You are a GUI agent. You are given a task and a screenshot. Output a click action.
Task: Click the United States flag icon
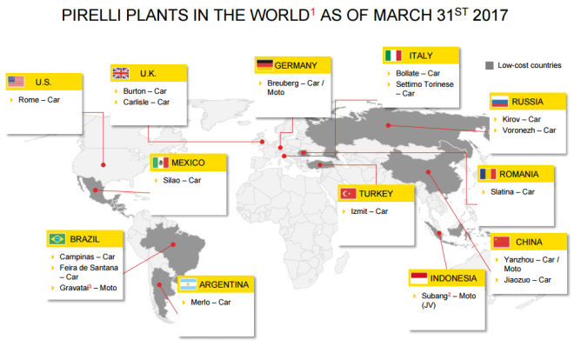pos(17,81)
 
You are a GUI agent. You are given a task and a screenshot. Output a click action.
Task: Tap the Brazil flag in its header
pos(57,239)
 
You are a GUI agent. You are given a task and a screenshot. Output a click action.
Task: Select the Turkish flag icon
pos(348,193)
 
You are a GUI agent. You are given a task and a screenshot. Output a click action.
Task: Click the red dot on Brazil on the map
pos(173,244)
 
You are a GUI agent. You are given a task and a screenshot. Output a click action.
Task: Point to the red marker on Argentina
pos(159,284)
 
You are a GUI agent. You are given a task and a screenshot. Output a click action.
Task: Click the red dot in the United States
pos(103,165)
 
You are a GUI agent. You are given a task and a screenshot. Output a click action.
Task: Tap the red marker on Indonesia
pos(439,233)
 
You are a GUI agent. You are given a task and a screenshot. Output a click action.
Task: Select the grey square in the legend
pos(489,65)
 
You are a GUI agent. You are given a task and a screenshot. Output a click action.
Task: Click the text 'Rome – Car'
pos(39,99)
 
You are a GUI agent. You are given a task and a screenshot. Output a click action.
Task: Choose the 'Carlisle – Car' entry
pos(146,102)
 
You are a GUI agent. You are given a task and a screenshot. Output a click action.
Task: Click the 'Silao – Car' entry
pos(182,180)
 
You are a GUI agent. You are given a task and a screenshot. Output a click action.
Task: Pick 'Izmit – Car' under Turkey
pos(370,211)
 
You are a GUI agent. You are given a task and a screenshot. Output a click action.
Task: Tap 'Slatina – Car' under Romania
pos(512,191)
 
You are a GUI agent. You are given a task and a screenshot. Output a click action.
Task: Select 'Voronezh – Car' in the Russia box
pos(529,130)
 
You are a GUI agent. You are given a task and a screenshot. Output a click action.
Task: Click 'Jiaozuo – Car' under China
pos(527,280)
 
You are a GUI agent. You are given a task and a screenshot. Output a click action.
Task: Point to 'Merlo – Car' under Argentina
pos(210,303)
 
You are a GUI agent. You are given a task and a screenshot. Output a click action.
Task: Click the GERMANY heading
pos(296,65)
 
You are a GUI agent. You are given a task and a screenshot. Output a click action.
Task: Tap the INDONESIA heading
pos(454,278)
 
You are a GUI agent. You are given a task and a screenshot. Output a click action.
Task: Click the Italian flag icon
pos(393,56)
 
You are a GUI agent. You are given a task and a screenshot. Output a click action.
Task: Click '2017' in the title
pos(491,16)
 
